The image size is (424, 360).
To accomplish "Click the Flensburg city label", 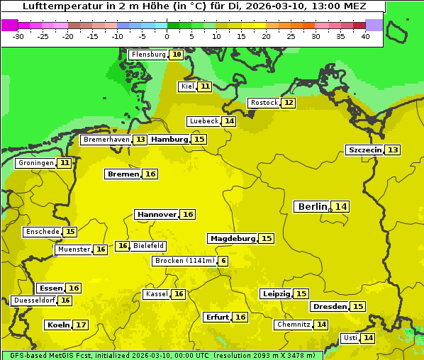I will [x=148, y=55].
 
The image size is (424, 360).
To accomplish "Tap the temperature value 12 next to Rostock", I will [x=288, y=103].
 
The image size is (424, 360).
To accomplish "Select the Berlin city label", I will [x=312, y=207].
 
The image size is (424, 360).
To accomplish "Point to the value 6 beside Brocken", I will [x=224, y=261].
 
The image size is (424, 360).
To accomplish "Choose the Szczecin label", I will [x=364, y=150].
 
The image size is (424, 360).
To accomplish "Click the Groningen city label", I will [x=35, y=163].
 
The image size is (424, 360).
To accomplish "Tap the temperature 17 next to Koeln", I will [x=82, y=325].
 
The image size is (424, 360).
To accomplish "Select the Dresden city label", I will [x=329, y=307].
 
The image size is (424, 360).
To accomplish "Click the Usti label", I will [x=350, y=338].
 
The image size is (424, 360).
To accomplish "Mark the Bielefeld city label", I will [x=149, y=246].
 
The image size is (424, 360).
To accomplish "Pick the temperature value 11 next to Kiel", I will [x=204, y=86].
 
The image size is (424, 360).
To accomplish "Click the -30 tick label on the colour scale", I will [x=18, y=36].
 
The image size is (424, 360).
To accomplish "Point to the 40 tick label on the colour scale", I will [x=365, y=36].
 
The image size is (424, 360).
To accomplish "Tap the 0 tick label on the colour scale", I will [x=167, y=36].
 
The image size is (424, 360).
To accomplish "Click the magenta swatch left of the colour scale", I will [x=9, y=25].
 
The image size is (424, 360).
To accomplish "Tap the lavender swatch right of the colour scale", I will [x=374, y=25].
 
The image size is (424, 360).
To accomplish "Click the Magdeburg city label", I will [x=233, y=239].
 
